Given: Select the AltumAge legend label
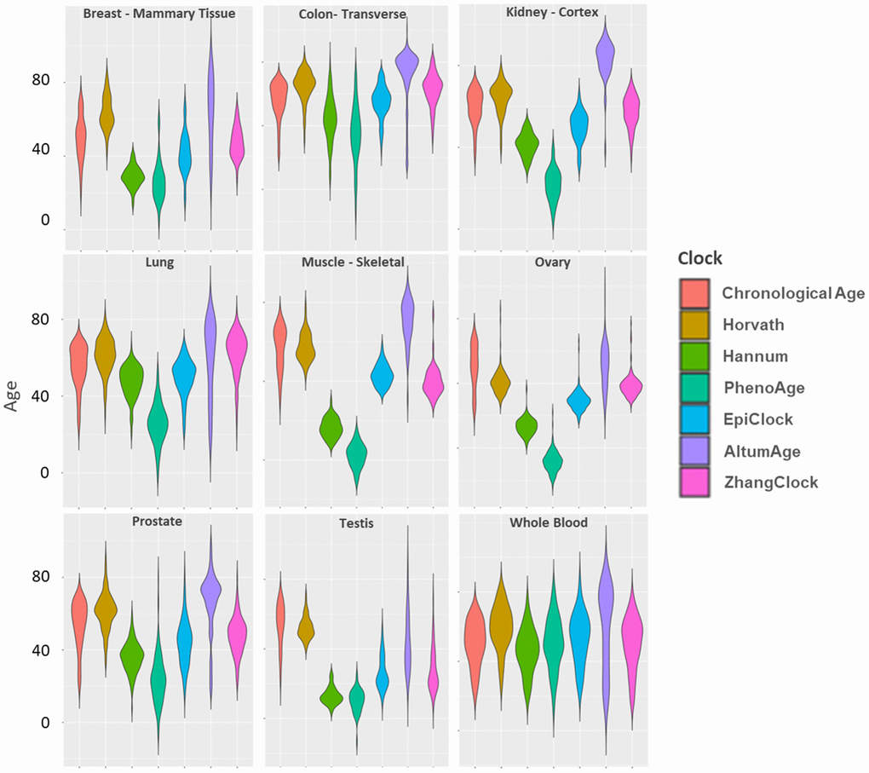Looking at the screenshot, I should (x=761, y=451).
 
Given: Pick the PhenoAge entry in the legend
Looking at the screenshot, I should (x=763, y=388).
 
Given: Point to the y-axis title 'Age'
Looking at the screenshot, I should (x=13, y=395).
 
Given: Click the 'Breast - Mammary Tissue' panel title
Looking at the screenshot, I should (x=159, y=14).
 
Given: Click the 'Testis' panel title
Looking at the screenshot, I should (x=358, y=523).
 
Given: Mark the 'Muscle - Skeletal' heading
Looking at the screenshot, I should (x=353, y=262).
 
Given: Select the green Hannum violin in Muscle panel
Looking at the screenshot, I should (x=331, y=426).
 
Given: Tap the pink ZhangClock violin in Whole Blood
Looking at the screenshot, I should (x=632, y=635).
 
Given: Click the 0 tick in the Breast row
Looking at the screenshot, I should (x=45, y=221).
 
